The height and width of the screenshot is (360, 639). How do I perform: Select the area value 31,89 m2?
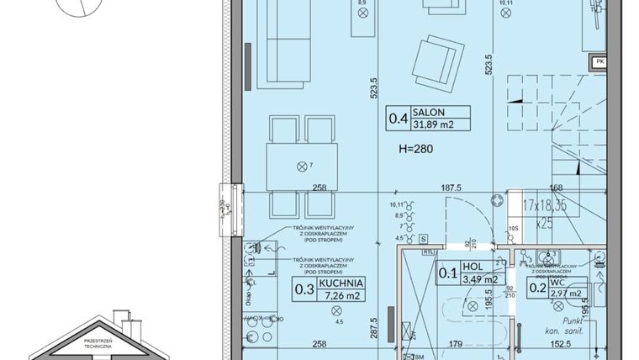coord(433,125)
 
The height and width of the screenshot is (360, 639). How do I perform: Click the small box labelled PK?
coord(599,61)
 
